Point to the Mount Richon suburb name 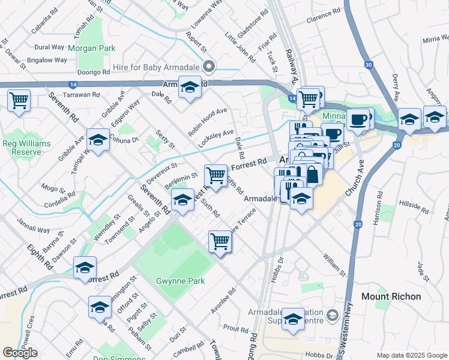point(391,296)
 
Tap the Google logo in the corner point(20,353)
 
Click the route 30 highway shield point(368,64)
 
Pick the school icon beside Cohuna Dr point(98,140)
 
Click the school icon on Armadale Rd point(190,88)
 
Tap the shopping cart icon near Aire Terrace point(220,242)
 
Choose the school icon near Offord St point(100,308)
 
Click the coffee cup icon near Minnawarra point(358,119)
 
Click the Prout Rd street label point(235,329)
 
